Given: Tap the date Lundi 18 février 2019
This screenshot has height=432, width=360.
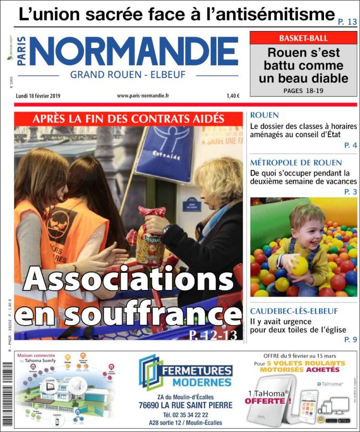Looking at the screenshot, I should coord(38,95).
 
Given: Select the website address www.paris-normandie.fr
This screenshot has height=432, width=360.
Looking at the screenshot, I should coord(143,95).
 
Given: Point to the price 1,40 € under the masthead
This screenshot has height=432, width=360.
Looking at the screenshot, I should coord(233,95).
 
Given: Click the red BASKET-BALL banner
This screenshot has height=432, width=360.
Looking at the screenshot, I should coord(303,38).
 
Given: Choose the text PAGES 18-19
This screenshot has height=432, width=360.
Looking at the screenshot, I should coord(303,90).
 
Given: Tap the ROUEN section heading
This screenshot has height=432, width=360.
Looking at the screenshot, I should coord(264,116).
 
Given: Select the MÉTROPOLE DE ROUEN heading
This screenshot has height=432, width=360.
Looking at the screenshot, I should coord(296,163).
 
